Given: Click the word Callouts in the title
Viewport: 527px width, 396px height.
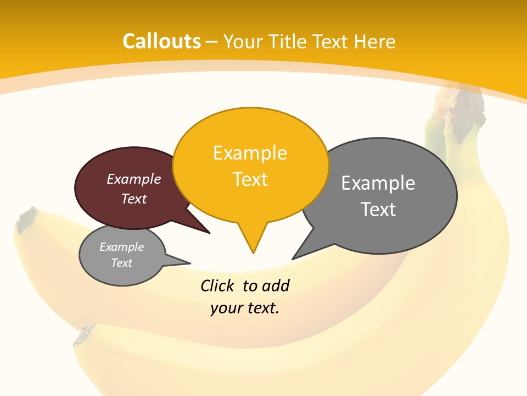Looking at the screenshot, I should [161, 41].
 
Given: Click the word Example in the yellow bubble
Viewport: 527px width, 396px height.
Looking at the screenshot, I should [250, 153].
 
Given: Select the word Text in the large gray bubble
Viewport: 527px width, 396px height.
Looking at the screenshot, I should [378, 210].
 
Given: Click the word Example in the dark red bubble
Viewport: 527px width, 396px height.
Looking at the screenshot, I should [134, 179].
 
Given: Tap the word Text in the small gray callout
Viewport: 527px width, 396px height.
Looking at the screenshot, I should [122, 263].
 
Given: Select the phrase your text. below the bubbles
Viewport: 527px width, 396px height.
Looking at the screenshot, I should [245, 308].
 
